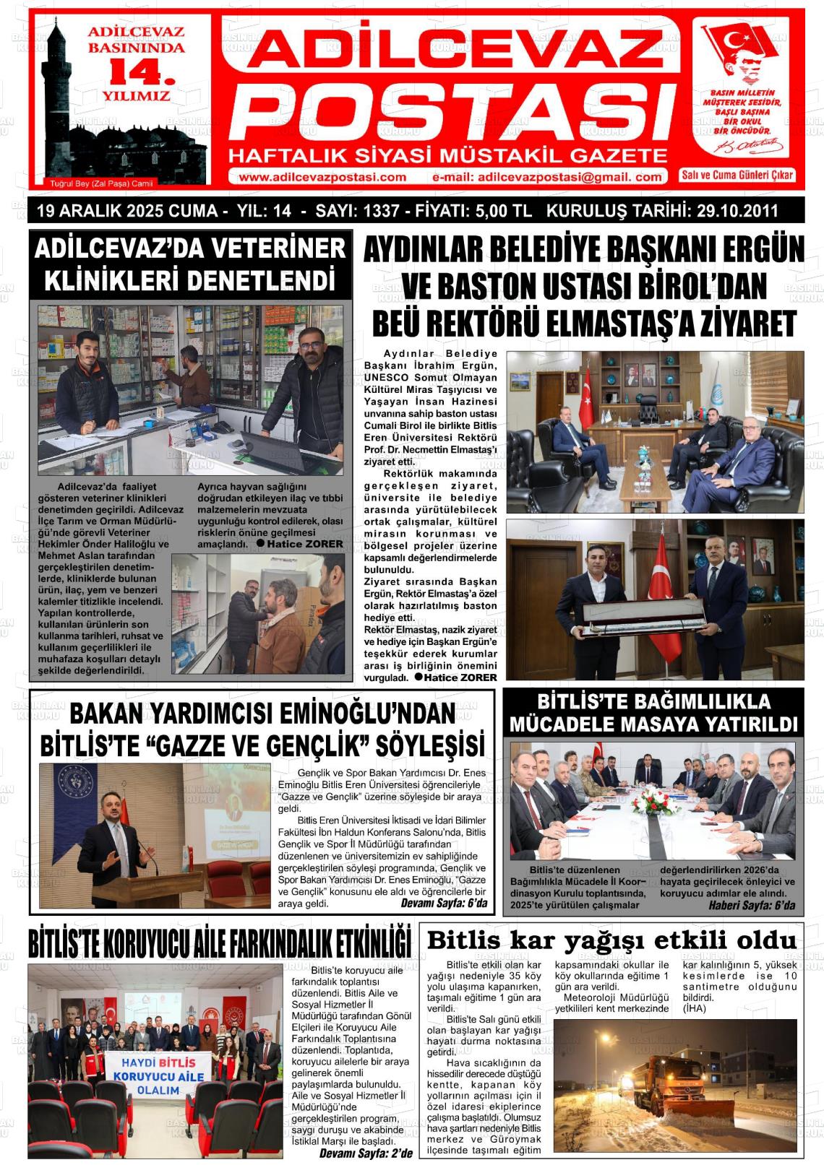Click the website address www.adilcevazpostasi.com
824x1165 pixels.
click(322, 178)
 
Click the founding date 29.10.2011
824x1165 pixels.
click(737, 212)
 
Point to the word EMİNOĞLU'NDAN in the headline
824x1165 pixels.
click(366, 714)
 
